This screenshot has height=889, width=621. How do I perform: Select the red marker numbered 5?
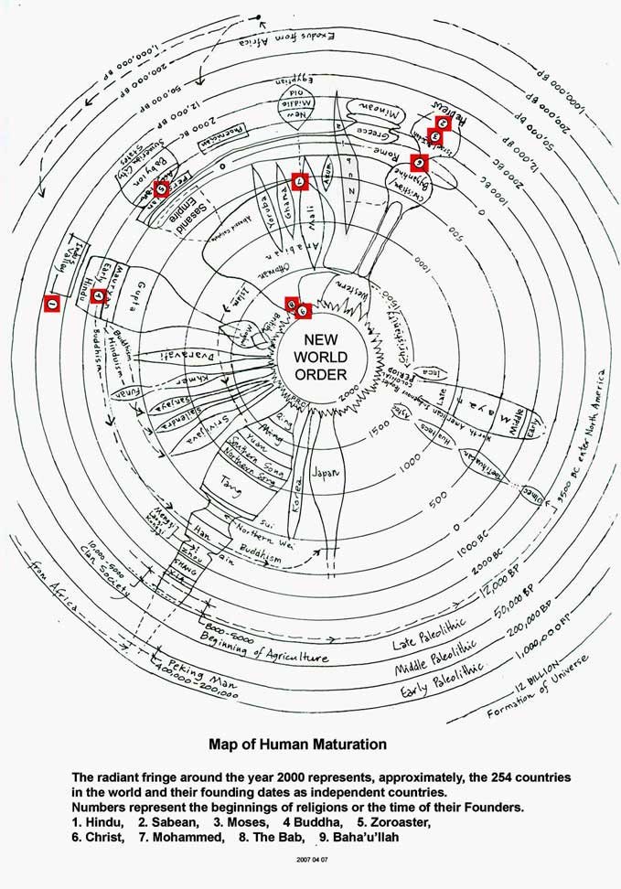[162, 189]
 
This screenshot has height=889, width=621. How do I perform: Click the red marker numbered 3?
[434, 137]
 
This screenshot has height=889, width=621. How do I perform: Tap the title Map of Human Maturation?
[297, 744]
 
